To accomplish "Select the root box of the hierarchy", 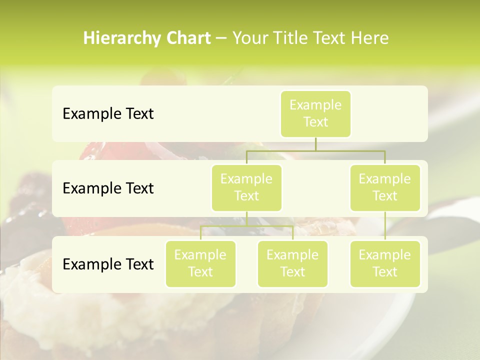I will [315, 114].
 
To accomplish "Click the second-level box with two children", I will [246, 188].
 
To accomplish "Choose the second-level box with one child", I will [385, 188].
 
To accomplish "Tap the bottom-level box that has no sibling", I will [385, 264].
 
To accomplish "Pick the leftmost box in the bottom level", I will [200, 264].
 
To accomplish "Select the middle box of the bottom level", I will [292, 264].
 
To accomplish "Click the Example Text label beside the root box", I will [108, 114].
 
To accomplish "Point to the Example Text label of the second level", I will [108, 188].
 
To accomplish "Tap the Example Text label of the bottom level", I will [108, 264].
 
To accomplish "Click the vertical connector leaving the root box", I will [315, 144].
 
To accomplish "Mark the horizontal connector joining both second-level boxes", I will [315, 150].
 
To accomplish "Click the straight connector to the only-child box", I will [385, 226].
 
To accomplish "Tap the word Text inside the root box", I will [315, 122].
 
